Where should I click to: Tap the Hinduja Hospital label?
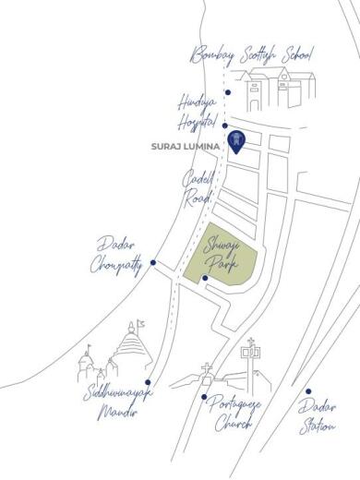(198, 113)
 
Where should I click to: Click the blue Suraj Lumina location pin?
(237, 141)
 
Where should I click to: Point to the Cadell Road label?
(198, 186)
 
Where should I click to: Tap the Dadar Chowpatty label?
(117, 255)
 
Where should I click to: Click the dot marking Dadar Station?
(309, 391)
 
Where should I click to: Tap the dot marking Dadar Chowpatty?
(152, 262)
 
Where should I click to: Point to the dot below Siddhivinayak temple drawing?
(147, 381)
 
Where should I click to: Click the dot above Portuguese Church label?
(204, 396)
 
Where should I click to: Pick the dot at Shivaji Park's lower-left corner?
(205, 278)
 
